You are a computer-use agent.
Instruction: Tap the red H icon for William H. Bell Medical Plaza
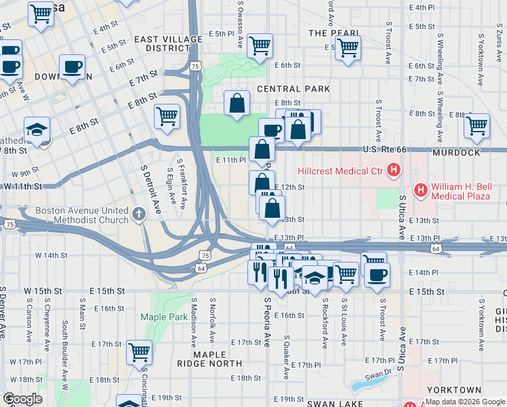[421, 191]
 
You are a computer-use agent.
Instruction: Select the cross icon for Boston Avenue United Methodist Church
[138, 215]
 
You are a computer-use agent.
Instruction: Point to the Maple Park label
[163, 317]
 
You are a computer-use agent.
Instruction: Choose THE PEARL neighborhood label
[333, 33]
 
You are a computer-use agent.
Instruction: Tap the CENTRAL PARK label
[293, 89]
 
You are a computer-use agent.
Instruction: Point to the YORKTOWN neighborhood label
[455, 390]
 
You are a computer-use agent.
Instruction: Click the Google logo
[22, 399]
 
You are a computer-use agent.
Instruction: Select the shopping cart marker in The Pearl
[348, 47]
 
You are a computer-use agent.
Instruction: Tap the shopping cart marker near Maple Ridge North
[139, 351]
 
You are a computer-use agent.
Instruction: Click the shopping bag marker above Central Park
[237, 104]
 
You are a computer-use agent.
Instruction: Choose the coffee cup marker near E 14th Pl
[377, 274]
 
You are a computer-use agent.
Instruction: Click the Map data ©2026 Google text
[464, 402]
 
